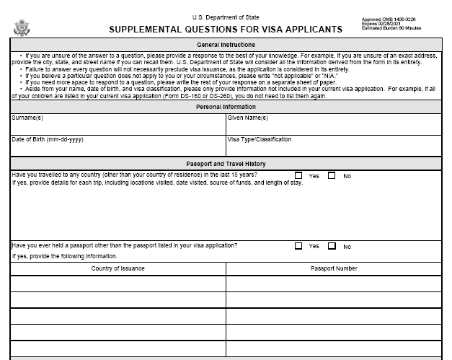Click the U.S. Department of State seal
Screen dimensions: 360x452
click(22, 27)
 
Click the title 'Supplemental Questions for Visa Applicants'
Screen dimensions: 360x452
click(226, 30)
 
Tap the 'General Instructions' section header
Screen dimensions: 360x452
click(226, 45)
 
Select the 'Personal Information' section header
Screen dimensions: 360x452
click(226, 107)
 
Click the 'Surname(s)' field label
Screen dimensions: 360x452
click(27, 118)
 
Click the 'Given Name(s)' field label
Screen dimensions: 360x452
click(248, 118)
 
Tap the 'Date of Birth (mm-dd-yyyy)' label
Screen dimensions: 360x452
click(47, 139)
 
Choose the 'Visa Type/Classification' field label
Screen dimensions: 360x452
click(260, 139)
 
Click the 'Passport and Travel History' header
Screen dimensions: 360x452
click(226, 164)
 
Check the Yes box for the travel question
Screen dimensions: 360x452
click(298, 175)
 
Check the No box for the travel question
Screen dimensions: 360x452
click(332, 175)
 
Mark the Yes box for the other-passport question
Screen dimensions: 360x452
click(298, 246)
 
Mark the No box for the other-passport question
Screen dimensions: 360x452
click(332, 246)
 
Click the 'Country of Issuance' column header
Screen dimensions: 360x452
click(118, 268)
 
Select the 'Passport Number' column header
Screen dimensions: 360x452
click(334, 268)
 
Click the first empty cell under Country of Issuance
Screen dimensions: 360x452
click(118, 284)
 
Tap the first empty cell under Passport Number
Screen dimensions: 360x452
click(334, 284)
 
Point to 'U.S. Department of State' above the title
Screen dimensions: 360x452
click(226, 17)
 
